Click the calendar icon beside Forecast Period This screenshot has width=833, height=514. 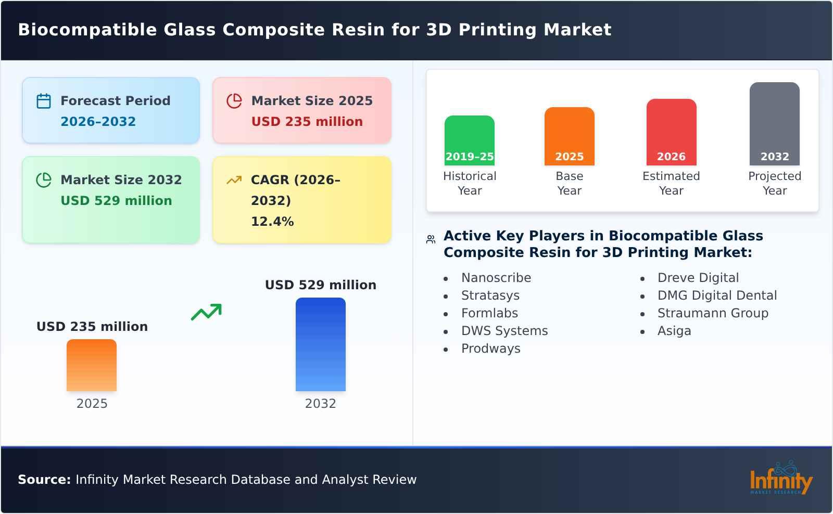pos(44,101)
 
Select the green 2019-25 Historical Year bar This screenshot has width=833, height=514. pos(469,140)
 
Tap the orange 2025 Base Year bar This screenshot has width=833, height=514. pos(569,136)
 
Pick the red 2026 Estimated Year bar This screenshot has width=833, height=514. pos(671,132)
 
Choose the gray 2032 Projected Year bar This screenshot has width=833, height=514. pos(774,123)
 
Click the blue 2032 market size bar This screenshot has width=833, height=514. pos(320,344)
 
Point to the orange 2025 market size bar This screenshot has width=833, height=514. pos(92,365)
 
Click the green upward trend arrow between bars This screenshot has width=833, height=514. pos(206,312)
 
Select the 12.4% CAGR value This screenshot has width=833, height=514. pos(272,222)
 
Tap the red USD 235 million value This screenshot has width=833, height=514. pos(307,122)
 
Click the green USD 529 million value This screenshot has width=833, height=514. pos(116,201)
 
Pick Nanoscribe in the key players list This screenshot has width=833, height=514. pos(496,278)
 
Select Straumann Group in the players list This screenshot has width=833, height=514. pos(712,313)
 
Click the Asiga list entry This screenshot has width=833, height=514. pos(674,331)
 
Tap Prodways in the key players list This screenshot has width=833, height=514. pos(490,349)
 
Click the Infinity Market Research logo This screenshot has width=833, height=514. pos(780,479)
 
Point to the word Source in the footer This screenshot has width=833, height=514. pos(44,480)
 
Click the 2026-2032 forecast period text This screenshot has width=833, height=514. pos(98,122)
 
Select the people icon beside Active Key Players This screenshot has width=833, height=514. pos(431,239)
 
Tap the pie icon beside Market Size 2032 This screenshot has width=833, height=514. pos(44,180)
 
